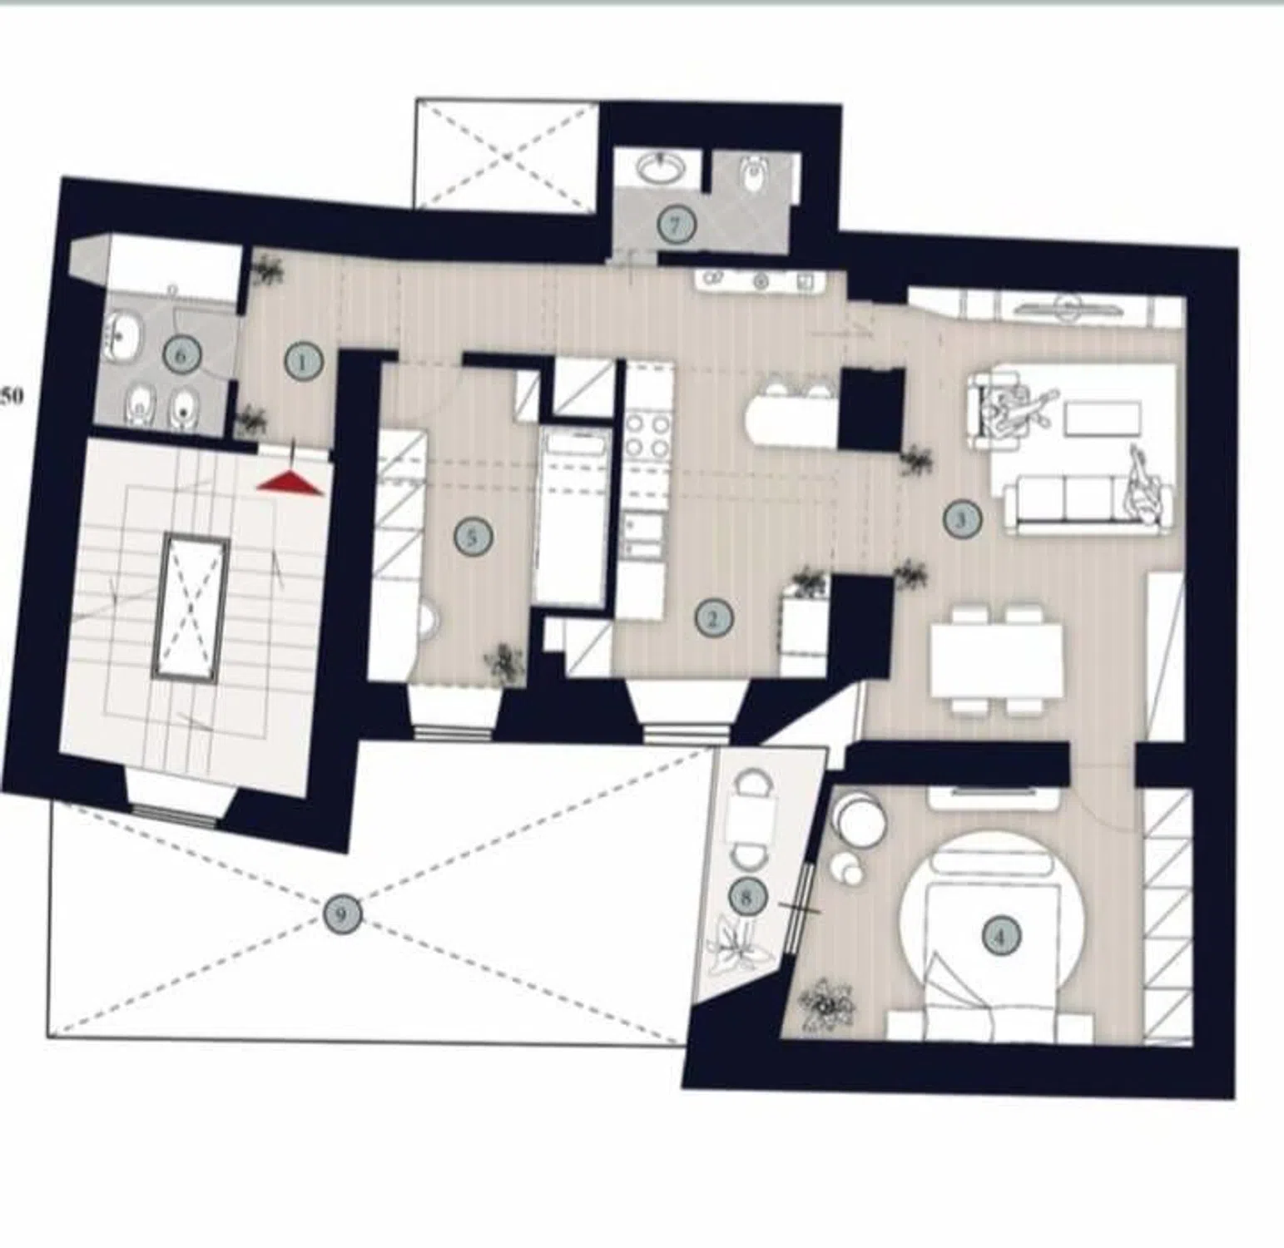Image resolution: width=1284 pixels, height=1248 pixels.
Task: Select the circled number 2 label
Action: click(x=713, y=618)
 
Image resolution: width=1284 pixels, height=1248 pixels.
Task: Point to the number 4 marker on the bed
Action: click(x=1000, y=937)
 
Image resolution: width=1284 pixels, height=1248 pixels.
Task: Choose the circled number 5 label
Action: click(x=473, y=537)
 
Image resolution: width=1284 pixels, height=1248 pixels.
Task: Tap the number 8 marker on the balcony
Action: click(x=746, y=896)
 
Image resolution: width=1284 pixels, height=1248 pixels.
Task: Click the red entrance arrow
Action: click(x=290, y=483)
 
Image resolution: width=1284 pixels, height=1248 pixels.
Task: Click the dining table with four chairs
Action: click(x=997, y=661)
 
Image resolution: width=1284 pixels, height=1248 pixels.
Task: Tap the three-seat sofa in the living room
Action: click(x=1088, y=503)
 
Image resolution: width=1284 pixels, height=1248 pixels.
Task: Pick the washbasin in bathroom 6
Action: click(x=123, y=335)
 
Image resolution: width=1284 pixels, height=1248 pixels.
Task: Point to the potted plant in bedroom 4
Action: click(x=825, y=1005)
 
